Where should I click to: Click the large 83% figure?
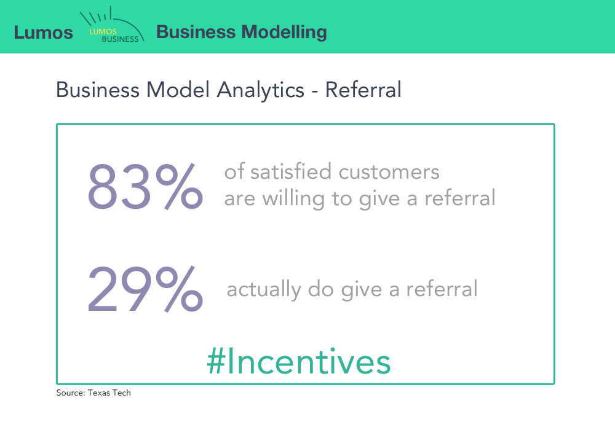[x=145, y=186]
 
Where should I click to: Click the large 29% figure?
[x=145, y=289]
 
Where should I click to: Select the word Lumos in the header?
[x=43, y=32]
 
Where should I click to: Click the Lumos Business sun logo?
[x=113, y=26]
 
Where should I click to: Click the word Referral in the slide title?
[x=363, y=90]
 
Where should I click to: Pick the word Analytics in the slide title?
[x=260, y=90]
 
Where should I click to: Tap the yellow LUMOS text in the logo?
[x=102, y=31]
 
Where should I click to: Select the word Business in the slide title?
[x=97, y=90]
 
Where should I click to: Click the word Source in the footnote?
[x=68, y=393]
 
